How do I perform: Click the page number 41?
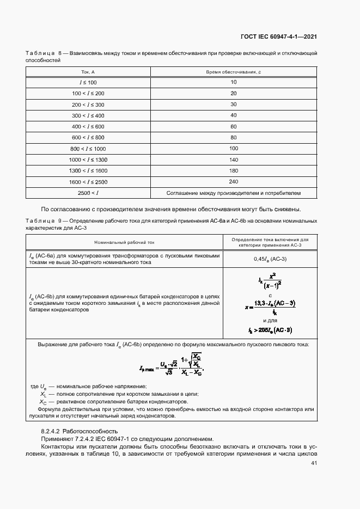(314, 463)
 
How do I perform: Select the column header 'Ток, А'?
(88, 72)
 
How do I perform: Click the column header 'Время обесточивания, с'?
(234, 72)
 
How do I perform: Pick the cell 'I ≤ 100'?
(88, 82)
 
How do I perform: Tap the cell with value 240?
(234, 182)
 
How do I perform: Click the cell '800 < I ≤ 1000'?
(88, 149)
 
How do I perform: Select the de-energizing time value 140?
(234, 160)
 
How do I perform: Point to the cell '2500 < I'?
(88, 193)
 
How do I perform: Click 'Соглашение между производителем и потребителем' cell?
(234, 193)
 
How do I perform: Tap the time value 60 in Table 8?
(234, 126)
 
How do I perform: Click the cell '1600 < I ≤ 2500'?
(88, 182)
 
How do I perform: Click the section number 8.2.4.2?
(56, 431)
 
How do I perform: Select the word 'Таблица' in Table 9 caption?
(40, 220)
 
